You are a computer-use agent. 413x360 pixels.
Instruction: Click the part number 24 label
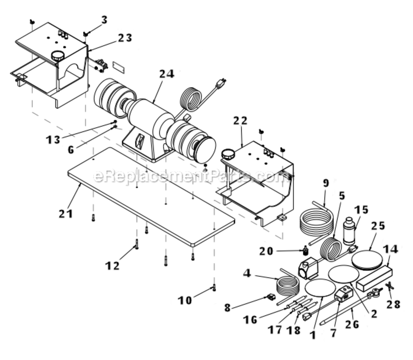[167, 74]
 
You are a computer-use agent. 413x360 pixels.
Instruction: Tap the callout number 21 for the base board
[66, 213]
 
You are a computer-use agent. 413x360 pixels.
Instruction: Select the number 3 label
[105, 20]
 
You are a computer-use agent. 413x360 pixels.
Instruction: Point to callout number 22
[240, 120]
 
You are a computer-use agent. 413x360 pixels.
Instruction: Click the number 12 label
[113, 265]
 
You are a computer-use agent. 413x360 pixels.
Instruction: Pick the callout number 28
[393, 304]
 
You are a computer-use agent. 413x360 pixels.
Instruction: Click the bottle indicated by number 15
[350, 231]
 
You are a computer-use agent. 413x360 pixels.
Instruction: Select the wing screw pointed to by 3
[85, 34]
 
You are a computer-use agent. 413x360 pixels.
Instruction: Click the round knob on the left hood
[58, 56]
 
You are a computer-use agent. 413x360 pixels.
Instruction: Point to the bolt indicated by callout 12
[137, 244]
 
